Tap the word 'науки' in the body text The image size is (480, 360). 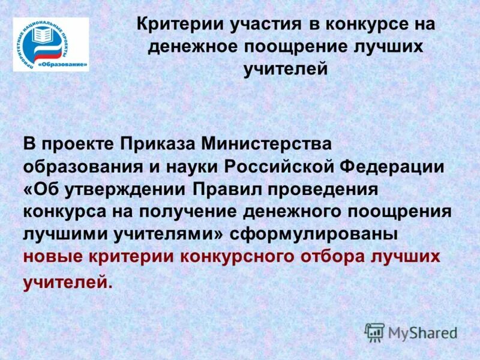point(191,166)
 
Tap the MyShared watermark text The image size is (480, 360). point(422,332)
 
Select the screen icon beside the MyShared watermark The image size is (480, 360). point(375,332)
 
